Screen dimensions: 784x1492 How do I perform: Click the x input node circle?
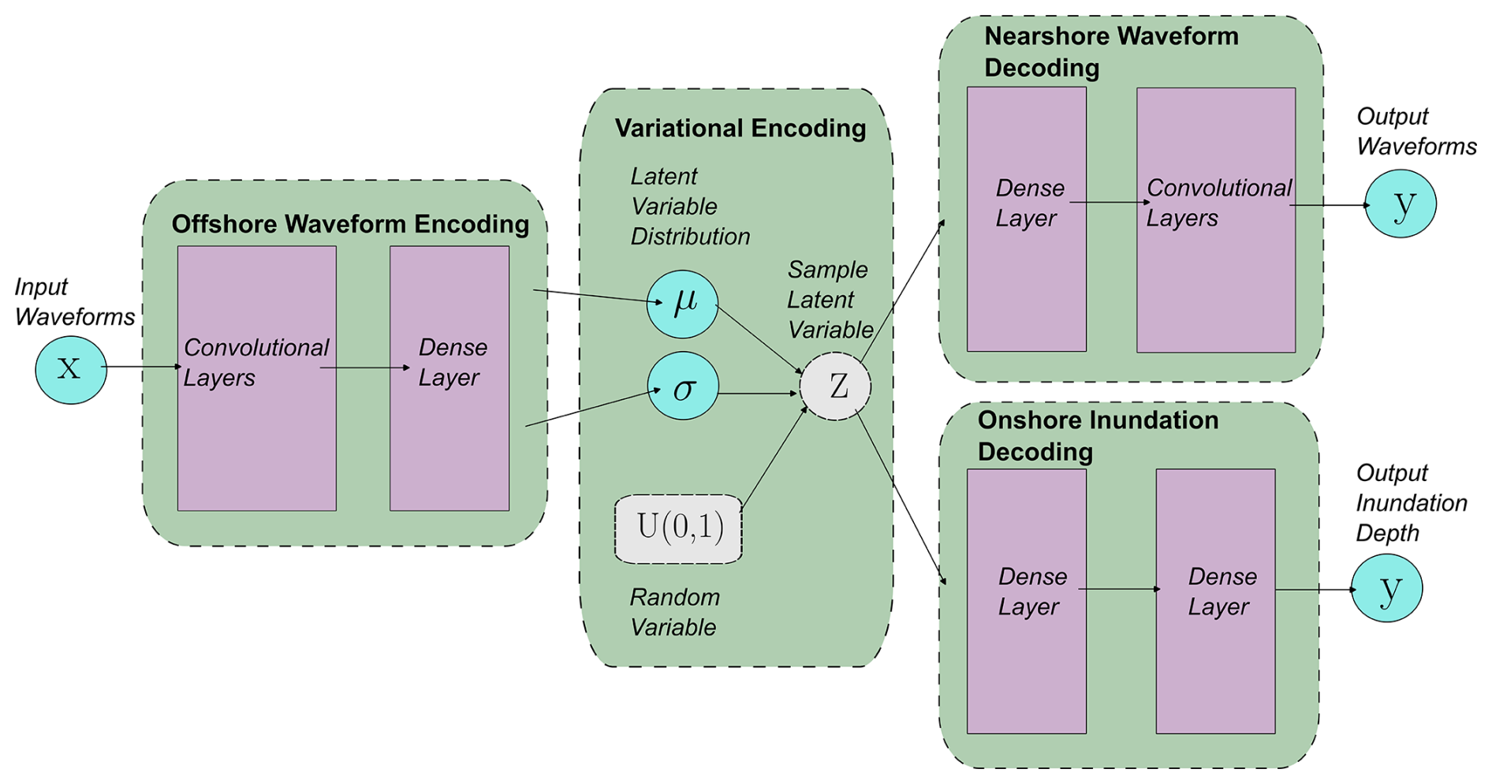click(x=71, y=370)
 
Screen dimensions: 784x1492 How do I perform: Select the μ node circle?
click(x=682, y=304)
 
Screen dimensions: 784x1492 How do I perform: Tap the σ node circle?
click(x=683, y=386)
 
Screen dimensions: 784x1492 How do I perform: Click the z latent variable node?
click(x=835, y=386)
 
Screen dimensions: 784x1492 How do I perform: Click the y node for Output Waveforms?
click(x=1401, y=204)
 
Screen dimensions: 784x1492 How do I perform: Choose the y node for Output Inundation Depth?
click(x=1386, y=588)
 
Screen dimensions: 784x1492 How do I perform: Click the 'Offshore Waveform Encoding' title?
click(x=350, y=225)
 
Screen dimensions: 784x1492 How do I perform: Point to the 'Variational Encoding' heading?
click(x=740, y=129)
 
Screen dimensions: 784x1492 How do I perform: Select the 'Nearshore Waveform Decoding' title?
click(x=1110, y=52)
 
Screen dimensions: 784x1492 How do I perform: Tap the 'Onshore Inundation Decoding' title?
click(x=1098, y=436)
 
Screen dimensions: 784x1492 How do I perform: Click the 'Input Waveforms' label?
click(x=74, y=302)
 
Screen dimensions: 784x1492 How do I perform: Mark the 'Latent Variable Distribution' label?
click(x=689, y=207)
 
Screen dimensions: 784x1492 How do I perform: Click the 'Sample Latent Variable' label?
click(x=830, y=300)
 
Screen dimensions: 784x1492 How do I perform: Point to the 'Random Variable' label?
click(x=674, y=613)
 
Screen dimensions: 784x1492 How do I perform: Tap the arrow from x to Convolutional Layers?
click(x=142, y=367)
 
